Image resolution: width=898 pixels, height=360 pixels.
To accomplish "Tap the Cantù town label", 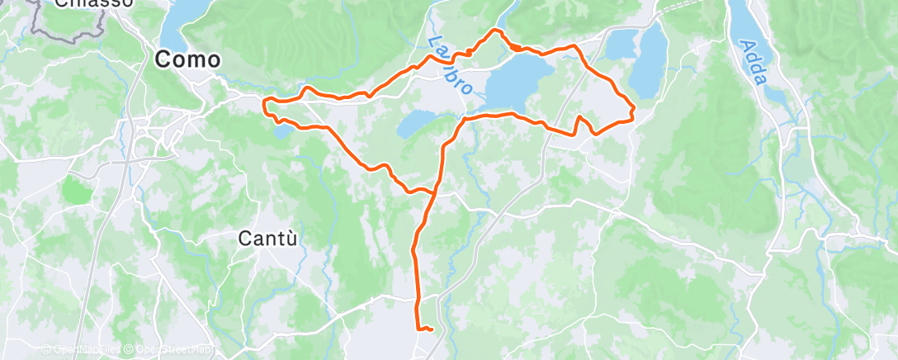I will pyautogui.click(x=267, y=239).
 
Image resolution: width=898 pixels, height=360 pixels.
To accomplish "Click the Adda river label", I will pyautogui.click(x=754, y=64).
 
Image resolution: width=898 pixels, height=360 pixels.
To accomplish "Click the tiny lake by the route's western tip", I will pyautogui.click(x=282, y=130).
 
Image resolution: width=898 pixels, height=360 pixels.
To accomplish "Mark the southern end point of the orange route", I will pyautogui.click(x=431, y=330).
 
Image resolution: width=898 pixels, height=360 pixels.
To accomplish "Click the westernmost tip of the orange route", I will pyautogui.click(x=263, y=105).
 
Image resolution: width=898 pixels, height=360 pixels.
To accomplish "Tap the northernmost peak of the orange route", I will pyautogui.click(x=496, y=31).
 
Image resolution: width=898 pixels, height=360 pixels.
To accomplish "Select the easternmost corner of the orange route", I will pyautogui.click(x=633, y=108).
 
